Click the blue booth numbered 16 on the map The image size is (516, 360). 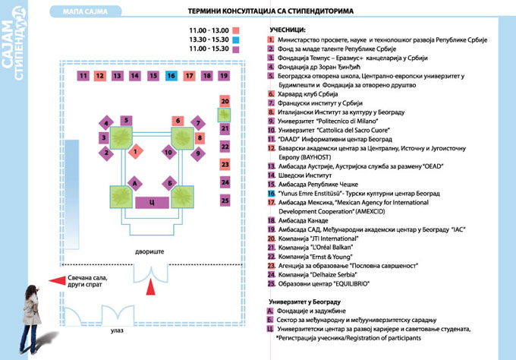pyautogui.click(x=171, y=76)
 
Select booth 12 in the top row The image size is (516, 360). pyautogui.click(x=99, y=76)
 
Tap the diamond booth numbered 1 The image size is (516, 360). pyautogui.click(x=135, y=151)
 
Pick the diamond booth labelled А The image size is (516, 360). pyautogui.click(x=134, y=183)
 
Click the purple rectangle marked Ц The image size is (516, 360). pyautogui.click(x=152, y=202)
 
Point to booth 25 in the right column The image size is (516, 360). pyautogui.click(x=225, y=201)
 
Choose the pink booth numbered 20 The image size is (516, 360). pyautogui.click(x=225, y=101)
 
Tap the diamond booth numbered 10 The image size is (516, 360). pyautogui.click(x=169, y=152)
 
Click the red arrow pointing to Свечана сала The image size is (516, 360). pyautogui.click(x=57, y=280)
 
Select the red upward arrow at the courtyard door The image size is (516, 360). pyautogui.click(x=151, y=286)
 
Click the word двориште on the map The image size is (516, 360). pyautogui.click(x=149, y=251)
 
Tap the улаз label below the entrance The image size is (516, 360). pyautogui.click(x=117, y=330)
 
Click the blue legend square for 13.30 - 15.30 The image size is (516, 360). pyautogui.click(x=236, y=39)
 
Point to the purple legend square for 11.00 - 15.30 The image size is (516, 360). pyautogui.click(x=236, y=49)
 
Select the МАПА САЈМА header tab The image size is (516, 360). pyautogui.click(x=85, y=11)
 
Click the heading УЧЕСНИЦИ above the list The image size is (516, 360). pyautogui.click(x=288, y=30)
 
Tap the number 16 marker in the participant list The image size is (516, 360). pyautogui.click(x=271, y=194)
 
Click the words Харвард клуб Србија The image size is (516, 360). pyautogui.click(x=307, y=94)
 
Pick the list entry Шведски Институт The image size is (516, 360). pyautogui.click(x=305, y=175)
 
